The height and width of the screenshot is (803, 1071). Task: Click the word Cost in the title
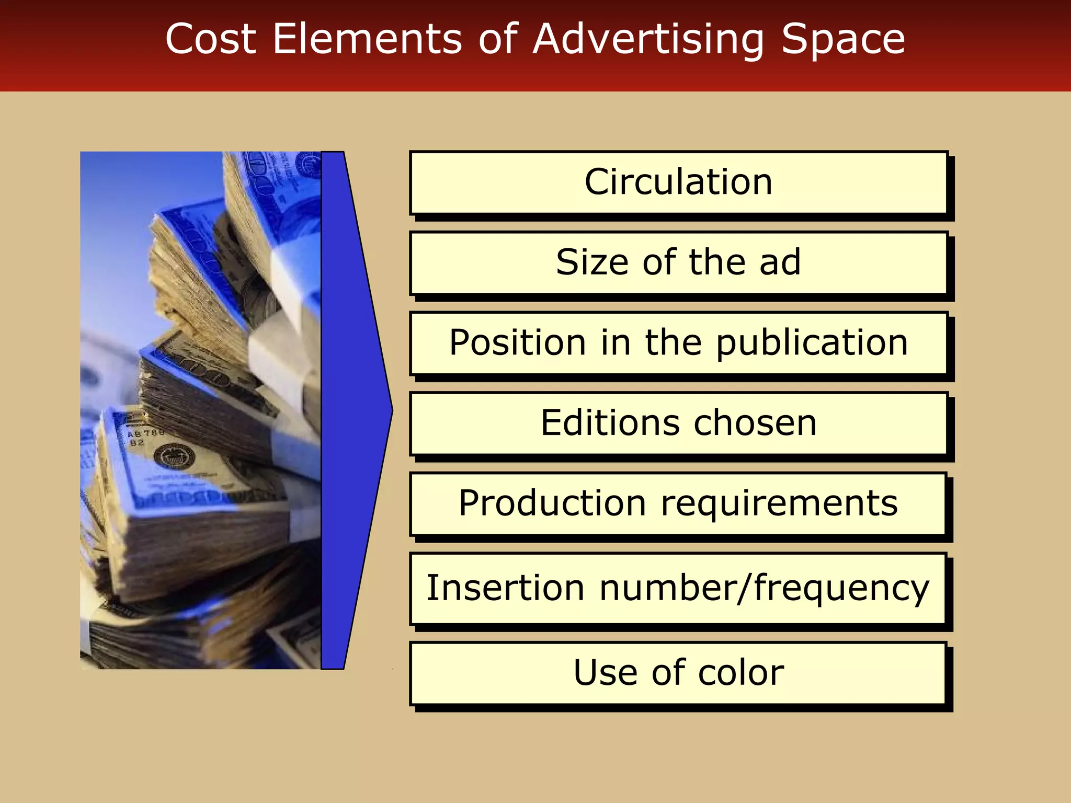click(210, 39)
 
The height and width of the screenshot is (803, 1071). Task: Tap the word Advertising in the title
click(648, 39)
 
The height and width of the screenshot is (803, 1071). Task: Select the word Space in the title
click(843, 39)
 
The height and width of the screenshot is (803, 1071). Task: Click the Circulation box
click(678, 182)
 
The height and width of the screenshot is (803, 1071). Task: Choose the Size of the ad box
click(678, 263)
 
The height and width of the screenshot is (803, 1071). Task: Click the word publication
click(812, 344)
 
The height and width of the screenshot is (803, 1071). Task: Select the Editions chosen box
click(678, 423)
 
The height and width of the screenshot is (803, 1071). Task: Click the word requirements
click(779, 504)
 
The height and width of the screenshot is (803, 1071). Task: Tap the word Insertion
click(505, 588)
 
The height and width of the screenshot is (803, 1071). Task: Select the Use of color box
click(678, 673)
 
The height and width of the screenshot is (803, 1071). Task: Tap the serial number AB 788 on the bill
click(145, 433)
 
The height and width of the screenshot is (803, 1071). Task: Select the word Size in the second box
click(592, 262)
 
